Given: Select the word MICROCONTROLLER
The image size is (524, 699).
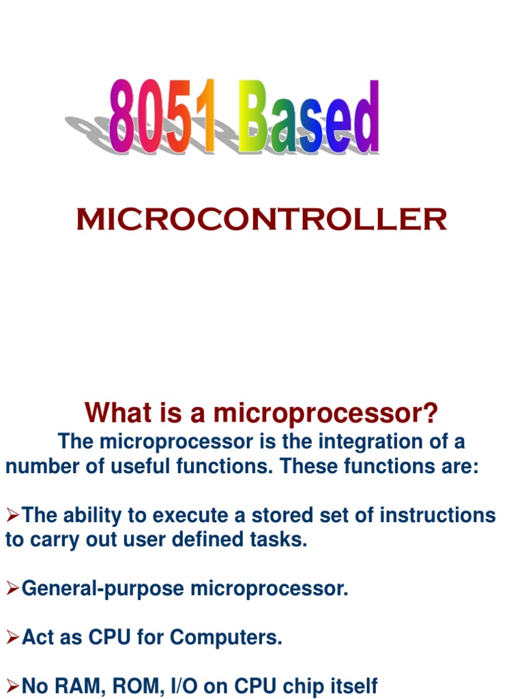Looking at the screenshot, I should click(x=261, y=220).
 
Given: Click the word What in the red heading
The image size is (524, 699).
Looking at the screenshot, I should click(x=113, y=413).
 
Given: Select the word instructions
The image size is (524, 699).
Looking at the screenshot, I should click(x=437, y=515).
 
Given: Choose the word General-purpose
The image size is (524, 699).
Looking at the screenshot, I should click(x=103, y=588).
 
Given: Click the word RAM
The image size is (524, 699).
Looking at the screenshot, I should click(x=72, y=685).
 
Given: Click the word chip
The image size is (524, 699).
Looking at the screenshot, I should click(x=297, y=685).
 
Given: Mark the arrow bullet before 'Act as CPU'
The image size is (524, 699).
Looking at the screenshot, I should click(x=13, y=638).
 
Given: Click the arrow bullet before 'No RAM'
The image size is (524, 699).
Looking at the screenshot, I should click(x=13, y=685).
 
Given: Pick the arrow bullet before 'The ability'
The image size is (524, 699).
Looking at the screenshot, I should click(x=13, y=515).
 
